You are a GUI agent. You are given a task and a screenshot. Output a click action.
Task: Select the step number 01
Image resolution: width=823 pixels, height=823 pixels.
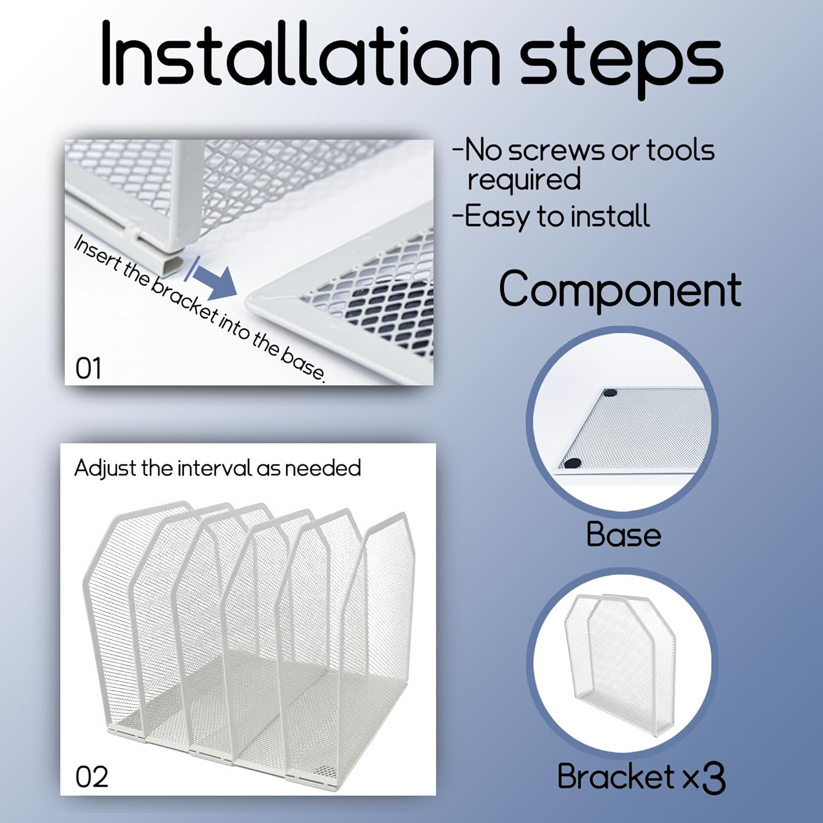88,368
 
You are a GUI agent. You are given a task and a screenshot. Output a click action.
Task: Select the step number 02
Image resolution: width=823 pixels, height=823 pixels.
92,777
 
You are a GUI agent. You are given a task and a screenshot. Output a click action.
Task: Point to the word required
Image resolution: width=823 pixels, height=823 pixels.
524,180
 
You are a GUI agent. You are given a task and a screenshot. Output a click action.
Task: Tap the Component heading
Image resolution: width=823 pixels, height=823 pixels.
620,289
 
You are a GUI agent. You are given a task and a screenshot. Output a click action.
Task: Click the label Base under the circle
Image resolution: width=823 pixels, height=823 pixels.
624,534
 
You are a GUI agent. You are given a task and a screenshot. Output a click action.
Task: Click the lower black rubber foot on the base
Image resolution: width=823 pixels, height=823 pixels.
572,464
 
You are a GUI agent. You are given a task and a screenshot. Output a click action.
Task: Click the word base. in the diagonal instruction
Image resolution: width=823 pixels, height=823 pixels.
303,364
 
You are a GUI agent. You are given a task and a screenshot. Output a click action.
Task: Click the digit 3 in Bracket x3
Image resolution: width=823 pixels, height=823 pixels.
713,779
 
